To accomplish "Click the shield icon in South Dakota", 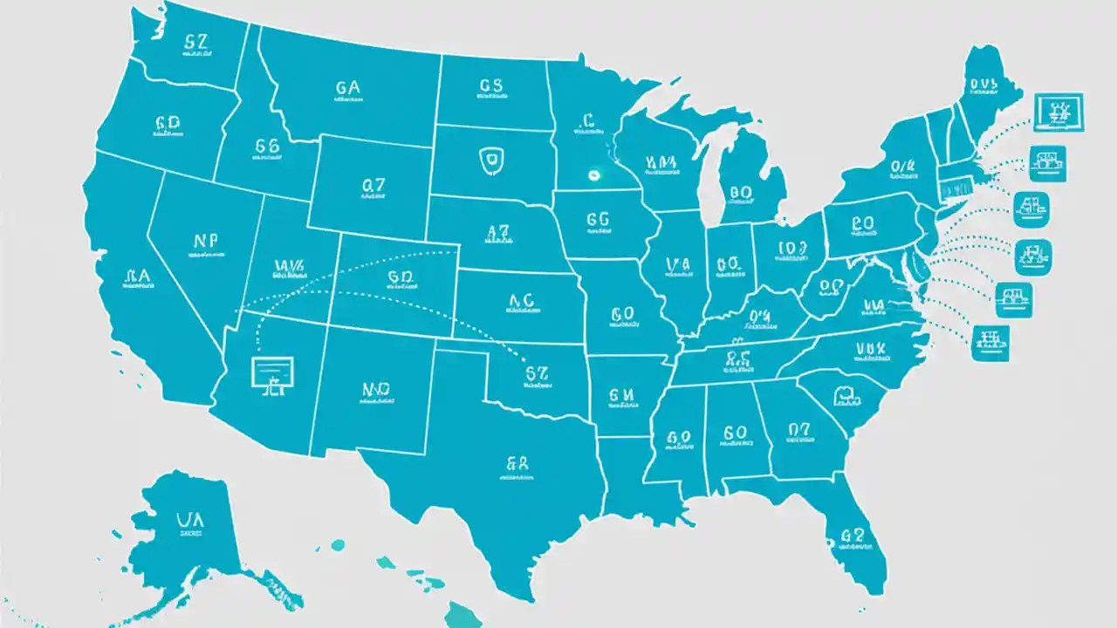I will (490, 161).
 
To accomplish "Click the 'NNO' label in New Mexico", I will (375, 391).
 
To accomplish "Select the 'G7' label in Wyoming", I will (373, 186).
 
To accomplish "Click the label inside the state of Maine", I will (983, 84).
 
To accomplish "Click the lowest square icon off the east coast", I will (989, 341).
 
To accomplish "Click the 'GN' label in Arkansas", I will (620, 394).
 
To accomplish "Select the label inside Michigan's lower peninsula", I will (741, 192).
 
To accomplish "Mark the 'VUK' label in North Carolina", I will (870, 350).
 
